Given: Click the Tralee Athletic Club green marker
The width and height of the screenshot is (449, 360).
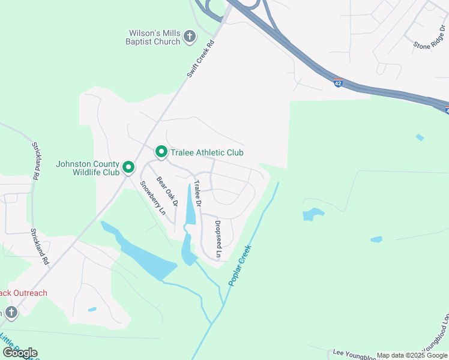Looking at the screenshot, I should [x=161, y=153].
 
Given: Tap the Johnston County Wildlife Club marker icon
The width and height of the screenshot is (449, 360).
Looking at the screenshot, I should [x=128, y=167].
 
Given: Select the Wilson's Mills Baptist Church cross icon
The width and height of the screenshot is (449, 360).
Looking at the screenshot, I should [x=189, y=37].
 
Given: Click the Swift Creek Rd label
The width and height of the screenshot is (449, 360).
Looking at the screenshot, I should [x=200, y=58].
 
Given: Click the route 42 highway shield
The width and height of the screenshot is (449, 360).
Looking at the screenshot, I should [x=339, y=85].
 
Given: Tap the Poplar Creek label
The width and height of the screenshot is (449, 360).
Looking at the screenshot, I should [x=240, y=265].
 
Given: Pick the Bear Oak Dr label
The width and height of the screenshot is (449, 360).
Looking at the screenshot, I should [x=167, y=191].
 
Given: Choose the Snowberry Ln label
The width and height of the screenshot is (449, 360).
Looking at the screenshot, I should [x=152, y=197].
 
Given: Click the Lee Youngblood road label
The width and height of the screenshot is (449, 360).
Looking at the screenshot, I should [x=354, y=355].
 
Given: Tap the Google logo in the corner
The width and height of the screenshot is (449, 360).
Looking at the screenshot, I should [x=20, y=353].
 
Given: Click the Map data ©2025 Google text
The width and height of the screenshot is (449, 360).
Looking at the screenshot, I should [x=412, y=355].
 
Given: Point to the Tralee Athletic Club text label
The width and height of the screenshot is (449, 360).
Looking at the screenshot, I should [x=207, y=153].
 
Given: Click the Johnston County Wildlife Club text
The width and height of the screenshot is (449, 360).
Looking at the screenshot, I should [x=88, y=167].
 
